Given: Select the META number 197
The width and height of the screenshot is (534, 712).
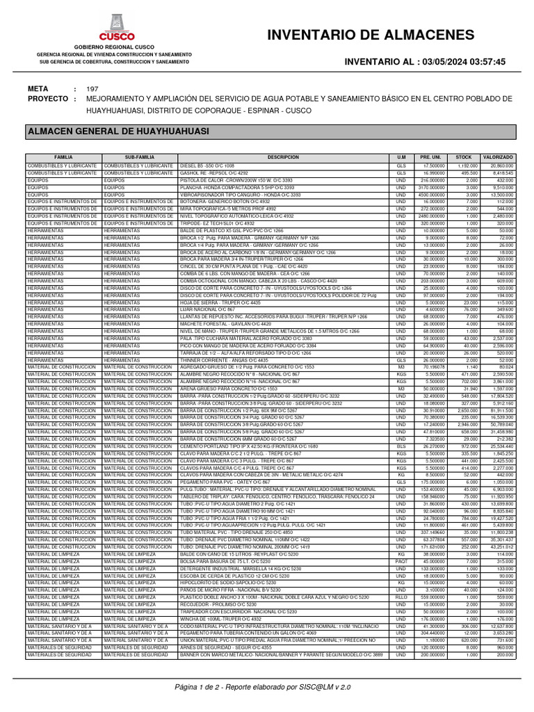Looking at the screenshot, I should (x=92, y=89).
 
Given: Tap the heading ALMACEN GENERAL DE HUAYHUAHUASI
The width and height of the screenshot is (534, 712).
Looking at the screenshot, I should (x=108, y=131).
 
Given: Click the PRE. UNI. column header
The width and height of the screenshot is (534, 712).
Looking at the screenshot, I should (x=430, y=158).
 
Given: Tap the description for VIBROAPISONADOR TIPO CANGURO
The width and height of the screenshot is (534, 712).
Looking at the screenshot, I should (x=230, y=195).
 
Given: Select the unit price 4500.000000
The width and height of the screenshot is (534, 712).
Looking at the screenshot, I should (x=430, y=195).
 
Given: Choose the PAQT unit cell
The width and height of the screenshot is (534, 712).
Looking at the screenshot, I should (x=400, y=561).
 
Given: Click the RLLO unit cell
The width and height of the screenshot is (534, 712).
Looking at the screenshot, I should (x=400, y=597).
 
